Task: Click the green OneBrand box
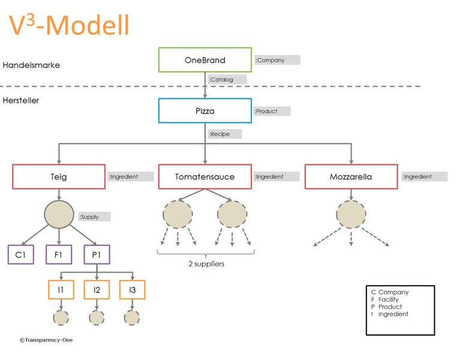[205, 60]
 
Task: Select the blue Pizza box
[205, 111]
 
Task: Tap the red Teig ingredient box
[59, 177]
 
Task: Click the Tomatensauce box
[205, 177]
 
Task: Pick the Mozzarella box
[351, 177]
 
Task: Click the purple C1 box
[20, 254]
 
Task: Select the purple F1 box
[59, 254]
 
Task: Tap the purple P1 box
[97, 254]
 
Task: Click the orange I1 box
[61, 290]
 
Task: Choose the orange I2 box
[97, 290]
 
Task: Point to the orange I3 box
[133, 290]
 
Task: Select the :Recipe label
[224, 134]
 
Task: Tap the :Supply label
[94, 217]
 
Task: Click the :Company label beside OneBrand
[276, 60]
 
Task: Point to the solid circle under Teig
[59, 214]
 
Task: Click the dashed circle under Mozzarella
[351, 215]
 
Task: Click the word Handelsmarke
[31, 65]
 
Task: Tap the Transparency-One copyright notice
[46, 340]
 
